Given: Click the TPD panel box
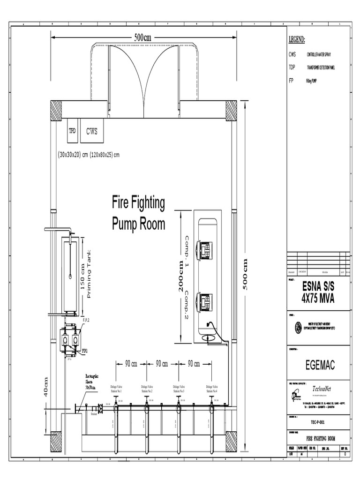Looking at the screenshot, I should coord(73,131).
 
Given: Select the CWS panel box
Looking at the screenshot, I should coord(91,131).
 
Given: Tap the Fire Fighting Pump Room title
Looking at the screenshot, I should coord(138,213).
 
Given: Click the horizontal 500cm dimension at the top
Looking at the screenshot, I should coord(142,38).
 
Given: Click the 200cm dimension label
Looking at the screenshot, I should coord(180,277).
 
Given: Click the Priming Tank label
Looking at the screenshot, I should coord(90,274).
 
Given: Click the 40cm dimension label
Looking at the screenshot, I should coord(46,387).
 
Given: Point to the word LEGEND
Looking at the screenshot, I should coord(297,39).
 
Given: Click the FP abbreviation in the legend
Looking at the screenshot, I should coord(291,81).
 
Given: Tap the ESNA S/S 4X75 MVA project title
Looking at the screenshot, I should coord(318,292).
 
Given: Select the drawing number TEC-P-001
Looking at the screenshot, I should coord(318,422).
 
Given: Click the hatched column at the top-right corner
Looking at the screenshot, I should coord(231,111).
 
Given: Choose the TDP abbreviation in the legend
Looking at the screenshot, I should coord(292,67).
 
